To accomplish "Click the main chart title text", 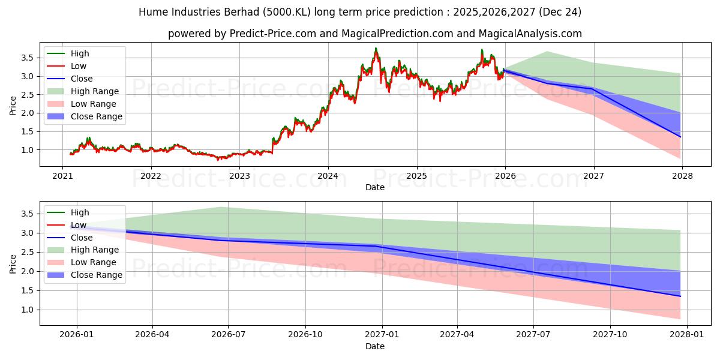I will click(359, 12).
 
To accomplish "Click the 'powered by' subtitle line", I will click(374, 34).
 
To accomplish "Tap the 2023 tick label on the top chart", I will click(239, 176).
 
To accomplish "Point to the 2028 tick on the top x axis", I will click(682, 176).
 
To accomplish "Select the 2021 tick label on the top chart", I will click(62, 176).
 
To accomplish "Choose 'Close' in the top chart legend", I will click(82, 79).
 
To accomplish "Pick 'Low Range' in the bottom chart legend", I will click(94, 262).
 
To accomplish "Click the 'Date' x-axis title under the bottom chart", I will click(374, 346).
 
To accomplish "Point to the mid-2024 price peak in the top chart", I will click(376, 49).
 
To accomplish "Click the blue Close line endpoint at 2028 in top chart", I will click(680, 137).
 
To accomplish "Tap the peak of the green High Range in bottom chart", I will click(220, 207).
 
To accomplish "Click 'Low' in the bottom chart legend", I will click(78, 225).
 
